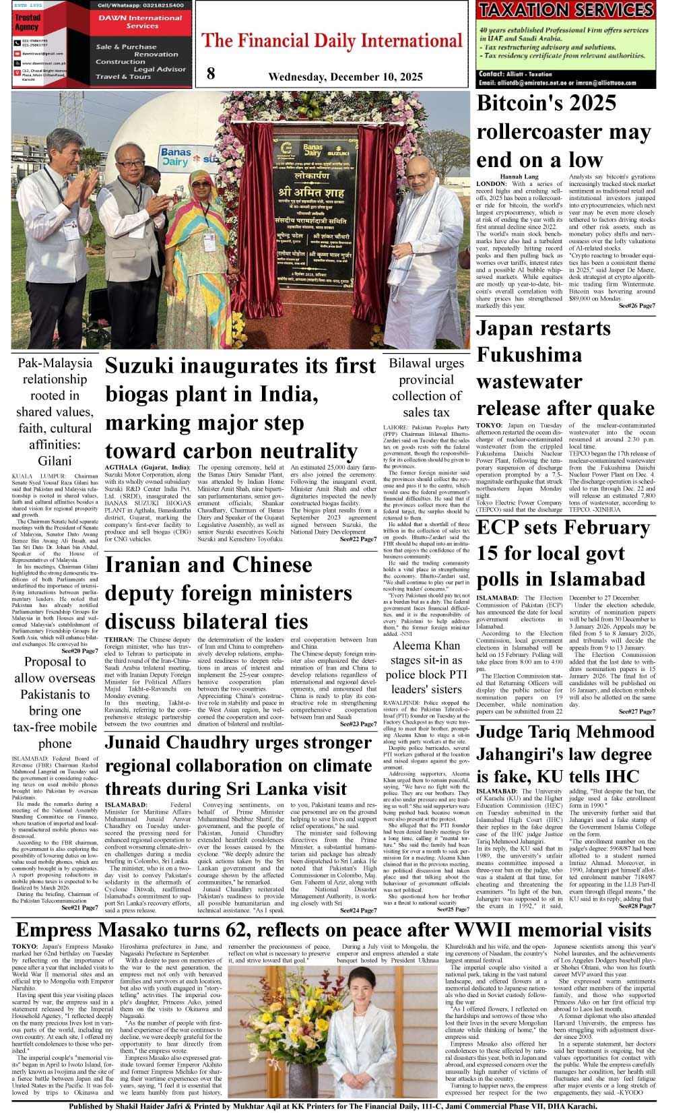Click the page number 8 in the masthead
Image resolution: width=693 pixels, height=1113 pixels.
click(211, 73)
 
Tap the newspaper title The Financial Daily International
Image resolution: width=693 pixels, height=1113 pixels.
click(332, 41)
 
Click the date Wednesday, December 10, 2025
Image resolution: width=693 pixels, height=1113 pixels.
click(345, 77)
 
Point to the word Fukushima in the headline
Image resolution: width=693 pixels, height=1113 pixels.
click(529, 355)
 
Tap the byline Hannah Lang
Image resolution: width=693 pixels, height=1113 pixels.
click(519, 177)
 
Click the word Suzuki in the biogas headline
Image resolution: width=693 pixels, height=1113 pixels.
click(149, 366)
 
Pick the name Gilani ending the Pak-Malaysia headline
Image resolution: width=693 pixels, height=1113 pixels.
click(55, 461)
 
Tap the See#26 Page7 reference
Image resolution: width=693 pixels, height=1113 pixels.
click(636, 306)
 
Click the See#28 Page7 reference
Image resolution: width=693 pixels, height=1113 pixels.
click(636, 906)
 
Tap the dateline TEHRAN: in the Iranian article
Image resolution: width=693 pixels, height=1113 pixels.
click(119, 639)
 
